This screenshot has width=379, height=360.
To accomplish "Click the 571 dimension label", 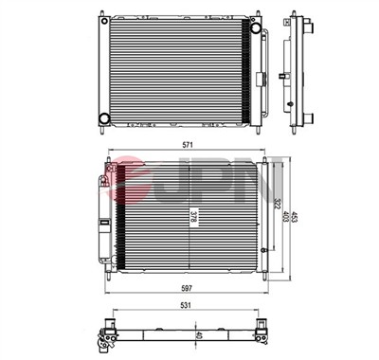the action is pos(188,145).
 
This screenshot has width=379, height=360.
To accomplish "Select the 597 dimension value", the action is pos(188,288).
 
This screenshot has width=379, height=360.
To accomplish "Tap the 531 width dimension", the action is pos(186,305).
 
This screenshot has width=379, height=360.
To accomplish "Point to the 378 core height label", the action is pos(193,219).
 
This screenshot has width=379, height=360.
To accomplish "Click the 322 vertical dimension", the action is pos(278,205).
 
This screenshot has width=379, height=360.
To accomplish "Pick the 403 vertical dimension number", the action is pos(286,217).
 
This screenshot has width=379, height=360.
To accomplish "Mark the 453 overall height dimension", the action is pos(295,217).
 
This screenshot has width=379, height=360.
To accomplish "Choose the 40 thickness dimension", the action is pos(199,334).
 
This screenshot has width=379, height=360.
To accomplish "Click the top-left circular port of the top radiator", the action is pos(104,21).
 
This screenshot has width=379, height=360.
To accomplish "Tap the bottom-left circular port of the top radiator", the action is pos(104,118).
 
